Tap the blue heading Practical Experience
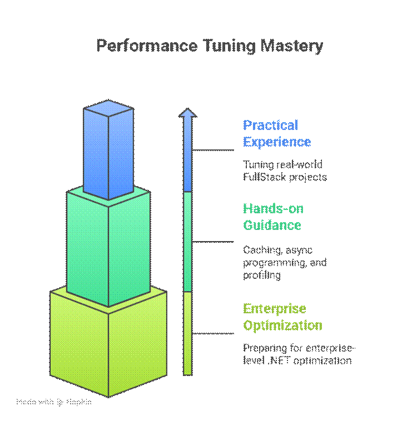276,133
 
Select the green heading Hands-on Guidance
273,217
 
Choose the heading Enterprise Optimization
282,317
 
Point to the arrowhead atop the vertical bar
188,114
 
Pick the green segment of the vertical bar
188,242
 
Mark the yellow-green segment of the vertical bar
188,333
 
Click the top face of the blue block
108,109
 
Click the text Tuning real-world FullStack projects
284,171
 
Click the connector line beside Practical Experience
214,150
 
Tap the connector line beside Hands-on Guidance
214,242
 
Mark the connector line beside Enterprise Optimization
214,333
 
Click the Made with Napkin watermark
54,402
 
